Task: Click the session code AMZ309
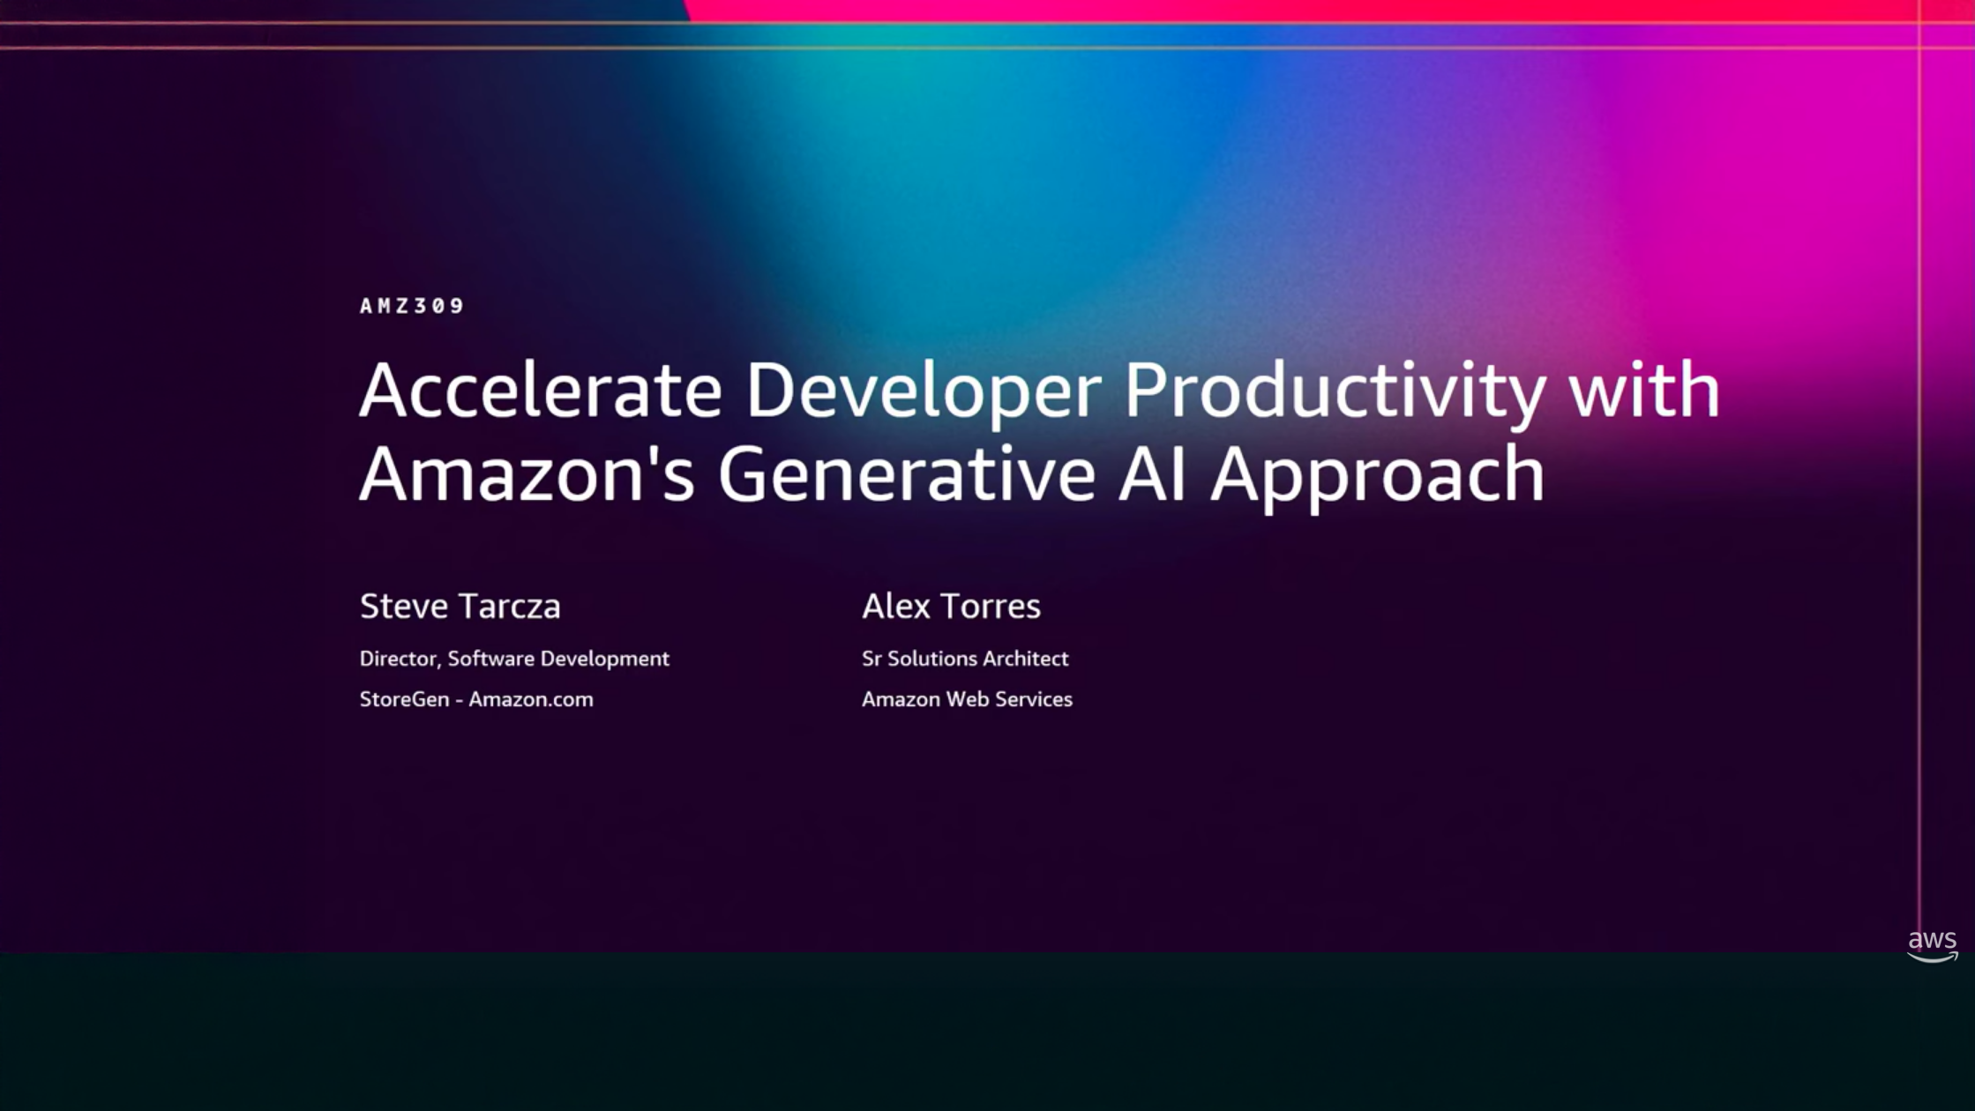[412, 306]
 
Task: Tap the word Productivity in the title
[1335, 393]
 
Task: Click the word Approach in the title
[1377, 477]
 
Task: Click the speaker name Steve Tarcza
[460, 607]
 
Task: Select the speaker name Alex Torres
[951, 607]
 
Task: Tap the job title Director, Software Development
[514, 659]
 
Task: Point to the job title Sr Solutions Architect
[965, 659]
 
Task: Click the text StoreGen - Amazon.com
[476, 699]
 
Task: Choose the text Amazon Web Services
[967, 699]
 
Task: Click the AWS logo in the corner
[1932, 946]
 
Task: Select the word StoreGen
[405, 699]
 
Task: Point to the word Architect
[1026, 659]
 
